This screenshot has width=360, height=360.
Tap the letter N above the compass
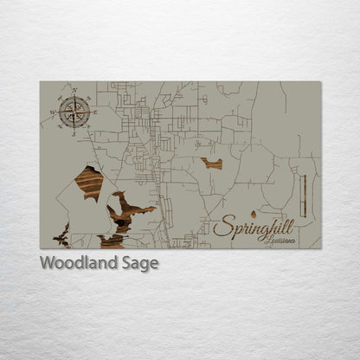click(x=75, y=90)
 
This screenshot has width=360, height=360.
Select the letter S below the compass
click(x=73, y=133)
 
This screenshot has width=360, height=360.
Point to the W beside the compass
click(x=53, y=112)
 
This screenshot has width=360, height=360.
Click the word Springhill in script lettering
click(x=254, y=228)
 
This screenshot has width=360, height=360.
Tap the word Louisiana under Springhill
click(x=280, y=240)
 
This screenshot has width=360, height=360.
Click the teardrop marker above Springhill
click(x=253, y=213)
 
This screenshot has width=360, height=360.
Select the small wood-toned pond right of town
click(x=212, y=163)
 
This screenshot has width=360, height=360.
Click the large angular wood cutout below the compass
click(x=88, y=183)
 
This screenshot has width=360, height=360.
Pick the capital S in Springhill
click(x=222, y=228)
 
